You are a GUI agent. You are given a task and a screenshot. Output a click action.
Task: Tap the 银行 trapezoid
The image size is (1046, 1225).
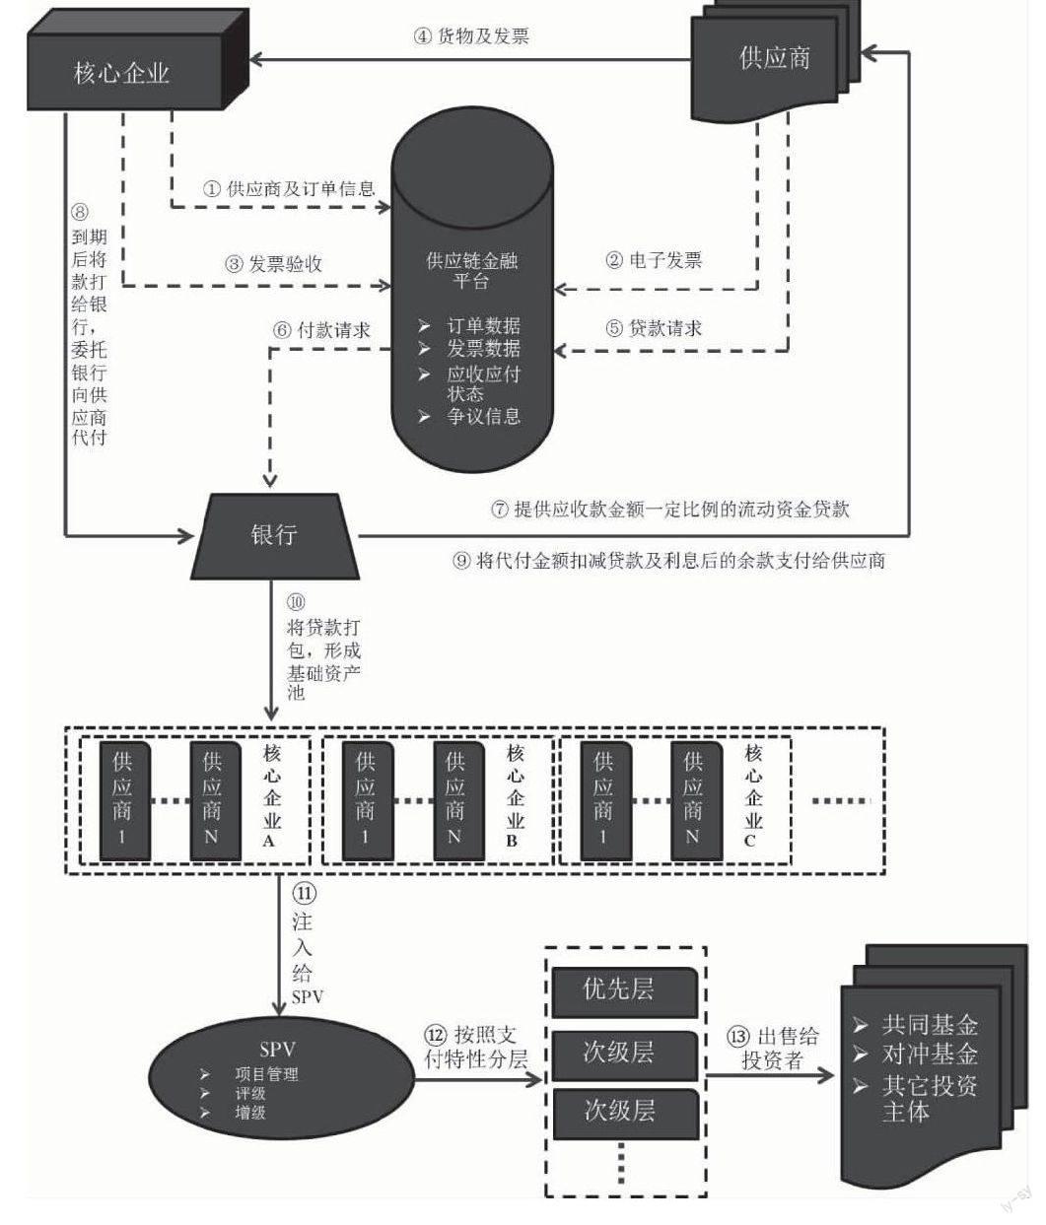tap(273, 535)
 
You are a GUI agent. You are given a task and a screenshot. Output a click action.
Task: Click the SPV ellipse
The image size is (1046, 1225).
tap(279, 1078)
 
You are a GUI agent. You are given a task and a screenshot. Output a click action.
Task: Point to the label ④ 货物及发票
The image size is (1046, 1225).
tap(471, 36)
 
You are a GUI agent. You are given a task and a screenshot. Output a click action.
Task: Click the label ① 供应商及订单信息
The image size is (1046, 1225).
tap(289, 188)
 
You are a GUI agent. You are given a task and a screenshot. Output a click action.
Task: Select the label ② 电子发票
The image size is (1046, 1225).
tap(654, 260)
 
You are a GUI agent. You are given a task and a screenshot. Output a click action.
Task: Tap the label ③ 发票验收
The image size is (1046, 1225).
tap(274, 264)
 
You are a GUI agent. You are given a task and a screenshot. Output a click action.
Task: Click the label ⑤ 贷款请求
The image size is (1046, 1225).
tap(654, 328)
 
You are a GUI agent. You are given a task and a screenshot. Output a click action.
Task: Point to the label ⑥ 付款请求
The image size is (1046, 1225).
tap(321, 330)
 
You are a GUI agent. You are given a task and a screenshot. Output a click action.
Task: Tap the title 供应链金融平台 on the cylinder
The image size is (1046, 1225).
tap(471, 271)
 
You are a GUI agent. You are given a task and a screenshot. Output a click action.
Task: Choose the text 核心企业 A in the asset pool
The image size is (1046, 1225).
tap(271, 796)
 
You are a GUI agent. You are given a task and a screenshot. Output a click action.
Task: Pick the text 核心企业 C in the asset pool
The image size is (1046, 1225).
tap(753, 796)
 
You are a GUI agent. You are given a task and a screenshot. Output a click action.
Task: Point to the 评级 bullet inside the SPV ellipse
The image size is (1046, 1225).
tap(249, 1093)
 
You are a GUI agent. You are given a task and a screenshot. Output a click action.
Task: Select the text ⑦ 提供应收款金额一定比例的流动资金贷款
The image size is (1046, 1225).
tap(670, 510)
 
